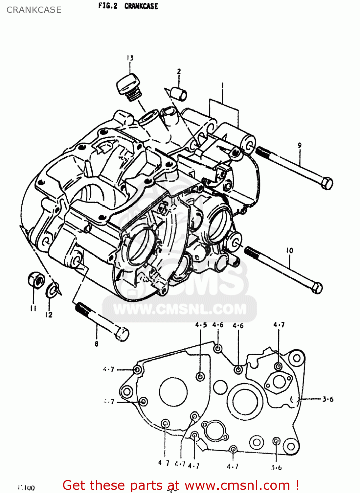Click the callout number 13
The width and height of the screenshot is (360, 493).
(130, 58)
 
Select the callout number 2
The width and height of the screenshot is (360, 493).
(179, 71)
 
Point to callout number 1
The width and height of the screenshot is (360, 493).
(222, 86)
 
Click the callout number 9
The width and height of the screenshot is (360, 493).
(300, 145)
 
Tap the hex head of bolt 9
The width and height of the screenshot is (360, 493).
(326, 183)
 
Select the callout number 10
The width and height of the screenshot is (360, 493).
(289, 250)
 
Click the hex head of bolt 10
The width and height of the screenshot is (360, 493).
(316, 288)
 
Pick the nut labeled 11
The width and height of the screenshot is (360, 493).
(36, 280)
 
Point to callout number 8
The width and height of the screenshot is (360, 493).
(96, 344)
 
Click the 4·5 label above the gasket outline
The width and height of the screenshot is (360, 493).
(201, 325)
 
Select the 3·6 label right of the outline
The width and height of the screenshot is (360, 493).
(327, 399)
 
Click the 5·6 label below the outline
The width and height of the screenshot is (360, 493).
(276, 467)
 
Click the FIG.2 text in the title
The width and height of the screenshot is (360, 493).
(108, 6)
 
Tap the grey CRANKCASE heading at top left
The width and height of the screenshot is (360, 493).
(34, 10)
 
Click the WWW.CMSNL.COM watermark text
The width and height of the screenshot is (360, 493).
(180, 309)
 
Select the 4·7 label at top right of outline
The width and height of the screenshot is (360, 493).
(279, 325)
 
